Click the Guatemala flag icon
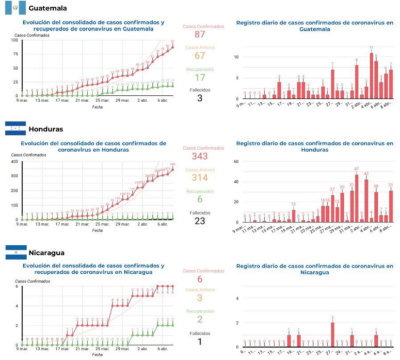(x=15, y=8)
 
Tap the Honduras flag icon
(x=15, y=129)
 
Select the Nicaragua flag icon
(x=15, y=252)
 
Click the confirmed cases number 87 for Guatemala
(x=200, y=34)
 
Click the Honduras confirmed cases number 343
(x=200, y=156)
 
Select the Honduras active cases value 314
(x=200, y=178)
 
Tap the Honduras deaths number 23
(x=200, y=221)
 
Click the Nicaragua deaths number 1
(x=200, y=342)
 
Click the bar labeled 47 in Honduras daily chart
(x=356, y=198)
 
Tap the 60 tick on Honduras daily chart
(x=236, y=161)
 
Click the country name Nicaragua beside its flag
(x=48, y=252)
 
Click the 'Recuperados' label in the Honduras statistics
(x=200, y=191)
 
